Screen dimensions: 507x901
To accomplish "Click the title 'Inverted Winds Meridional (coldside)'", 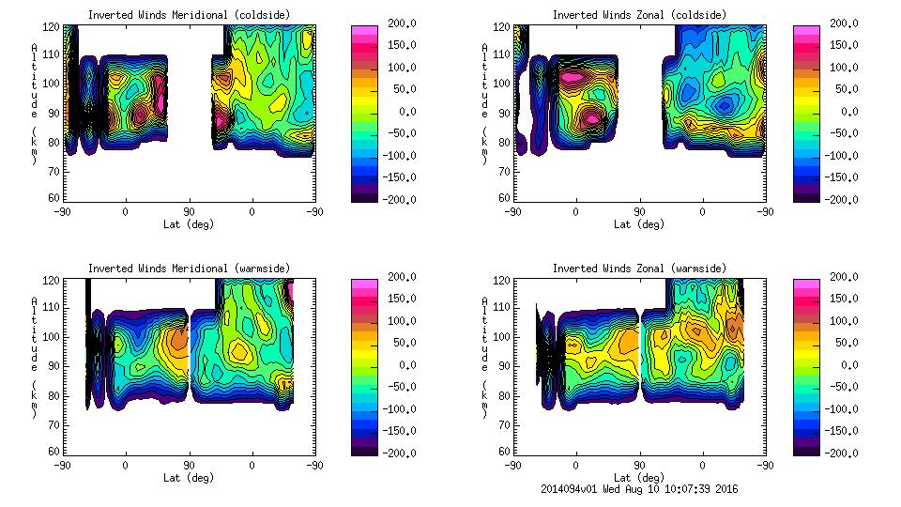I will tap(189, 15).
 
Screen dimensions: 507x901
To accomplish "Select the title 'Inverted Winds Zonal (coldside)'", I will tap(639, 15).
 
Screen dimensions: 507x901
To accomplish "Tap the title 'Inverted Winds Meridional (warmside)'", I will tap(189, 269).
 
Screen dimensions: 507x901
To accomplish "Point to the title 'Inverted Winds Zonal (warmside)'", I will tap(639, 269).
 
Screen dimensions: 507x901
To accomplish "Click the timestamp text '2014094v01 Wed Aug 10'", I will tap(602, 488).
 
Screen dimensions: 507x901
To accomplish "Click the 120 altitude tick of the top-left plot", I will tap(54, 28).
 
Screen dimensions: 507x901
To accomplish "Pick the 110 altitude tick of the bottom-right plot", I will tap(503, 307).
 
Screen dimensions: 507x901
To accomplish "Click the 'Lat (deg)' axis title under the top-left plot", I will tap(189, 224).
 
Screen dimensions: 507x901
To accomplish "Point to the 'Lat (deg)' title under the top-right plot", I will tap(639, 224).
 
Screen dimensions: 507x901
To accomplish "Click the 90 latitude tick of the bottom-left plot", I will tap(189, 465).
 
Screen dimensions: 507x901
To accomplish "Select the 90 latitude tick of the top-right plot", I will tap(639, 211).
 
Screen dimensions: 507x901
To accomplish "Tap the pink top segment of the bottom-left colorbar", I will tap(365, 283).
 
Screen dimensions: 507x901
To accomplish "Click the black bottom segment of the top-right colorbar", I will tap(807, 195).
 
